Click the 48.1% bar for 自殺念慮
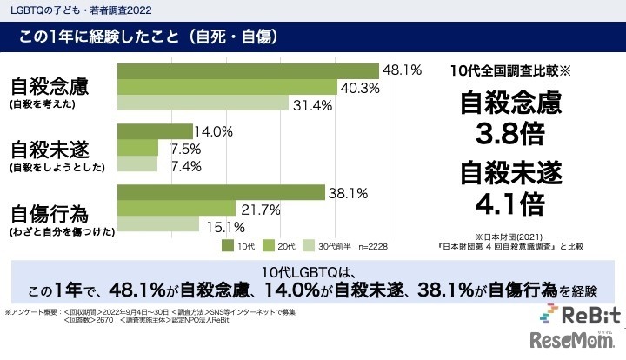(x=247, y=70)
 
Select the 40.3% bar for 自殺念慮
(x=226, y=87)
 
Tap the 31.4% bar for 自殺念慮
(x=203, y=104)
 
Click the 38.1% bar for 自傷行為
(x=221, y=192)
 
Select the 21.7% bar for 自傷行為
(x=176, y=209)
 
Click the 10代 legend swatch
(x=227, y=246)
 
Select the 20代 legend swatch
(x=273, y=246)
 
